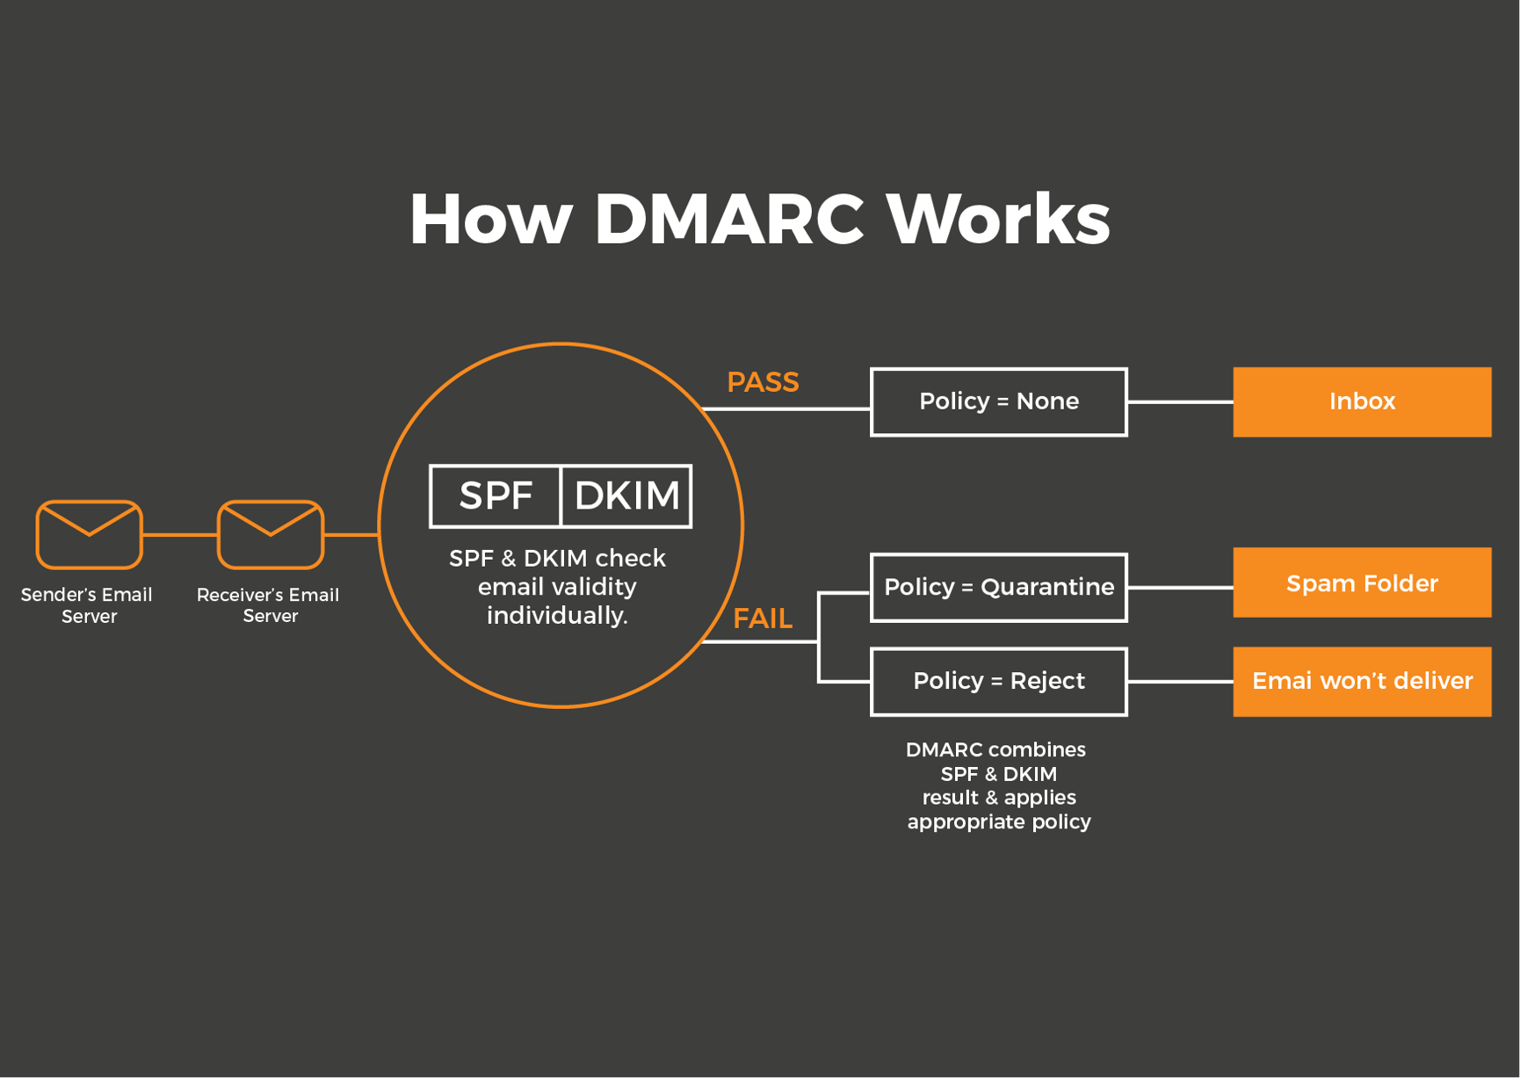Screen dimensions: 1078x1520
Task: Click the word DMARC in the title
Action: (728, 219)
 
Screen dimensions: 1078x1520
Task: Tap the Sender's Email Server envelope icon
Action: (89, 534)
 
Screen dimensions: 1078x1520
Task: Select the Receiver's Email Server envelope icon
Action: (271, 534)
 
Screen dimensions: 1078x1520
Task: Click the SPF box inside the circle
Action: (496, 496)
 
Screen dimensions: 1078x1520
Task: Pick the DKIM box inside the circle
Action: (626, 496)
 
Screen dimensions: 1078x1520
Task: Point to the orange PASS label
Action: (763, 382)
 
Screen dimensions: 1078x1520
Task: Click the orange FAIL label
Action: (763, 619)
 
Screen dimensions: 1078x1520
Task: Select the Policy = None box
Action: (998, 402)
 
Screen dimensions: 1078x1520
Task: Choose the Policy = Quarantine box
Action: (998, 587)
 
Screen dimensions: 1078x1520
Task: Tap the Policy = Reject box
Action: (998, 681)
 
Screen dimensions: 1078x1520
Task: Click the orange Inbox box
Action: (1362, 402)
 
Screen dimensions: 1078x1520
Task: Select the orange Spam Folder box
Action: (1362, 582)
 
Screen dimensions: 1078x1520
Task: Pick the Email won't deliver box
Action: (1362, 681)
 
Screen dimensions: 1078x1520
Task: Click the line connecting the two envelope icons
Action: (180, 534)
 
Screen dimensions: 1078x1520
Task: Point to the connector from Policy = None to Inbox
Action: (1180, 402)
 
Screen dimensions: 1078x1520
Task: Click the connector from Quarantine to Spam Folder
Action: (1180, 587)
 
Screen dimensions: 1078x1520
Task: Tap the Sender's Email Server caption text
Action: (87, 604)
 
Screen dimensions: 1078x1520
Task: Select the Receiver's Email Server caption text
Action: (268, 604)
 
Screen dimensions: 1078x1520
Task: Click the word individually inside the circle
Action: (557, 615)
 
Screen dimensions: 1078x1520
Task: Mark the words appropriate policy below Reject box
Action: (999, 821)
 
